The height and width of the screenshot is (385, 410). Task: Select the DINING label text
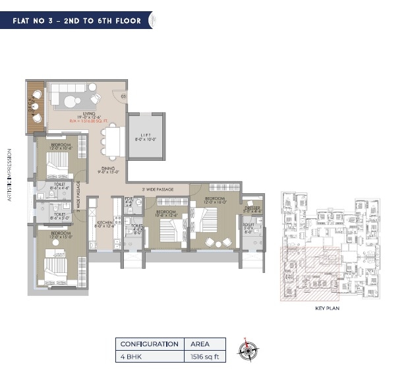tap(108, 169)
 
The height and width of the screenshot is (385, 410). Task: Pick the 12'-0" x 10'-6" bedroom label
tap(63, 146)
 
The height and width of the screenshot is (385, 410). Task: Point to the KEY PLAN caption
tap(327, 307)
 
